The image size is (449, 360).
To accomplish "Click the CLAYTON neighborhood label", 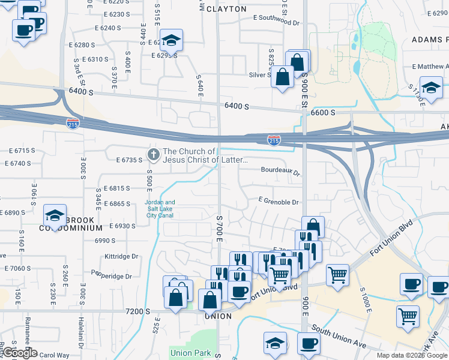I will click(226, 9).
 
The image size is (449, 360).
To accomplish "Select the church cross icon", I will click(154, 155).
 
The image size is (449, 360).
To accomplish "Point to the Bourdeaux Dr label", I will click(280, 170).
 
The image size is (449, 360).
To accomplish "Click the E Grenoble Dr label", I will click(279, 201).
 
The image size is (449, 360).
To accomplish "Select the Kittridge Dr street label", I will click(121, 256).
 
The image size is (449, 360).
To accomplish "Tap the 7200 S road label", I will click(139, 311).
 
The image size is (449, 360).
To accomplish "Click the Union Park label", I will click(191, 353).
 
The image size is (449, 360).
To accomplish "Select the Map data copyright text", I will click(412, 355).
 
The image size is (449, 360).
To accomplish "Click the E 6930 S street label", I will click(123, 226).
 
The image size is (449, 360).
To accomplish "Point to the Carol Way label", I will click(55, 355).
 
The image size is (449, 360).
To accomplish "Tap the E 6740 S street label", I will click(18, 163).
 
